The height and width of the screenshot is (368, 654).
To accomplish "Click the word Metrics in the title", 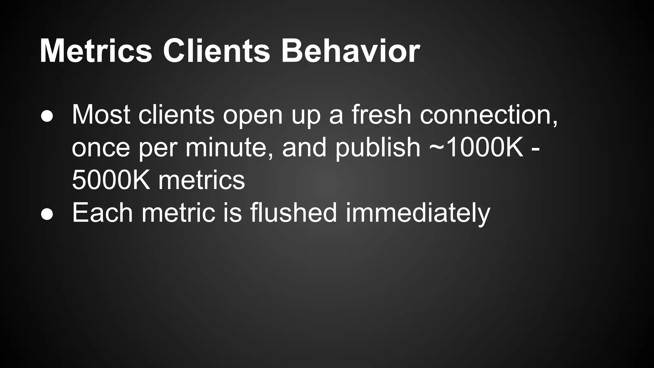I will pos(96,51).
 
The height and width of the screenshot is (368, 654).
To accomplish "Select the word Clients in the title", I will pos(217,51).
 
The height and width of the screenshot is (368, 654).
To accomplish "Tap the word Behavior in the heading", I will pos(350,51).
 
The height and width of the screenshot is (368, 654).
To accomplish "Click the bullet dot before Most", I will pos(47,117).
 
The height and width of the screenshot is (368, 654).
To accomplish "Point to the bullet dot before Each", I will pos(47,214).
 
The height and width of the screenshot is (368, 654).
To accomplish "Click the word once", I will pos(101,149).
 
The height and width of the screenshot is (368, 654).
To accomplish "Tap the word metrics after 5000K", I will pos(202,180).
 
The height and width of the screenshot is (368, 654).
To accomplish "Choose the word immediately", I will pos(418,213).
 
